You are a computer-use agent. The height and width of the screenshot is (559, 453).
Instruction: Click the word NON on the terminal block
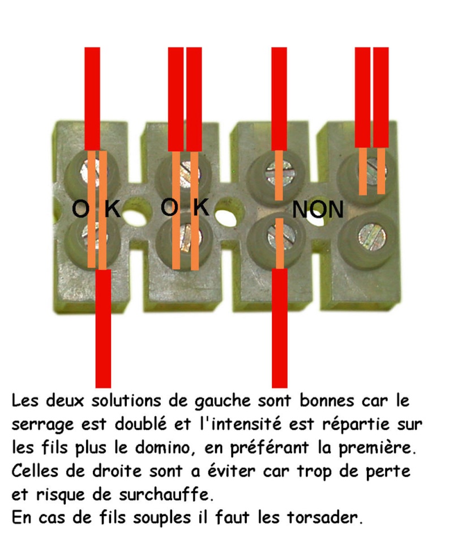(x=318, y=209)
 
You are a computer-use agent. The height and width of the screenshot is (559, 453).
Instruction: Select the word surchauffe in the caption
(x=166, y=495)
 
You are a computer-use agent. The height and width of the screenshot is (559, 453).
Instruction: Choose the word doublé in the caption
(x=140, y=424)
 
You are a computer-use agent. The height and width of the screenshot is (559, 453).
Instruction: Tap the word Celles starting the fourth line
(x=35, y=471)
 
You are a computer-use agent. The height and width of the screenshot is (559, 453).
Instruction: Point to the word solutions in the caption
(x=126, y=402)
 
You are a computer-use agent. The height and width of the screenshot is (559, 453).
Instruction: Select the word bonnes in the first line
(x=327, y=402)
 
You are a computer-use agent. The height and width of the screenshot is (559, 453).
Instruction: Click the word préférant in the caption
(x=269, y=449)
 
